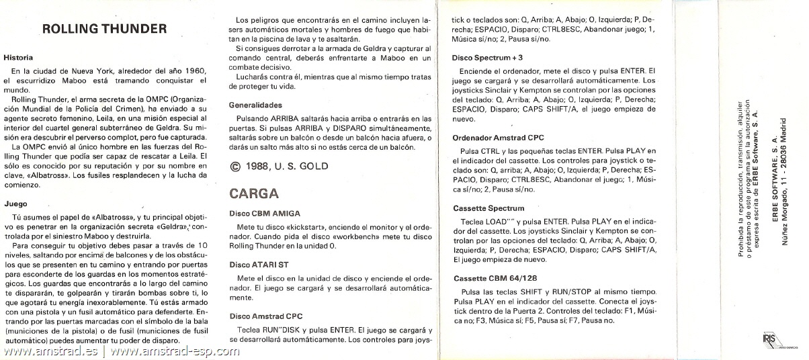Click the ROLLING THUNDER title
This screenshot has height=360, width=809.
104,29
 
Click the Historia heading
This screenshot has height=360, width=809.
18,58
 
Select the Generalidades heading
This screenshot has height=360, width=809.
255,105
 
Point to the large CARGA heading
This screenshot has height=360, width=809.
254,193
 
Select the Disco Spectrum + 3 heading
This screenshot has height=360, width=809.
487,58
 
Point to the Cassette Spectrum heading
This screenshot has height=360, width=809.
488,208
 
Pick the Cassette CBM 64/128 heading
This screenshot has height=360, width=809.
494,278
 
